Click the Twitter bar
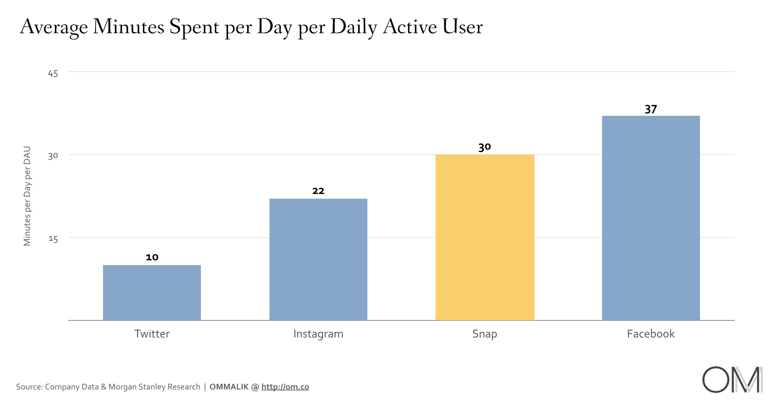point(152,293)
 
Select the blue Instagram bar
point(318,259)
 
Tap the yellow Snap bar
point(485,237)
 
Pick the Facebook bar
point(651,218)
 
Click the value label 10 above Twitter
point(152,257)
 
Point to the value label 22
point(318,191)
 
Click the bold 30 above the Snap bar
point(485,147)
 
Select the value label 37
point(651,109)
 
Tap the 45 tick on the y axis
point(53,74)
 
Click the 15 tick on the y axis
point(53,239)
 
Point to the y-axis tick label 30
point(53,156)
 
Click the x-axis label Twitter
point(152,334)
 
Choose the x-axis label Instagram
point(318,334)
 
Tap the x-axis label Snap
point(485,334)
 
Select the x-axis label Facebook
point(651,334)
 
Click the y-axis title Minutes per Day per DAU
point(27,196)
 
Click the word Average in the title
point(54,27)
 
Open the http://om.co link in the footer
point(285,387)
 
